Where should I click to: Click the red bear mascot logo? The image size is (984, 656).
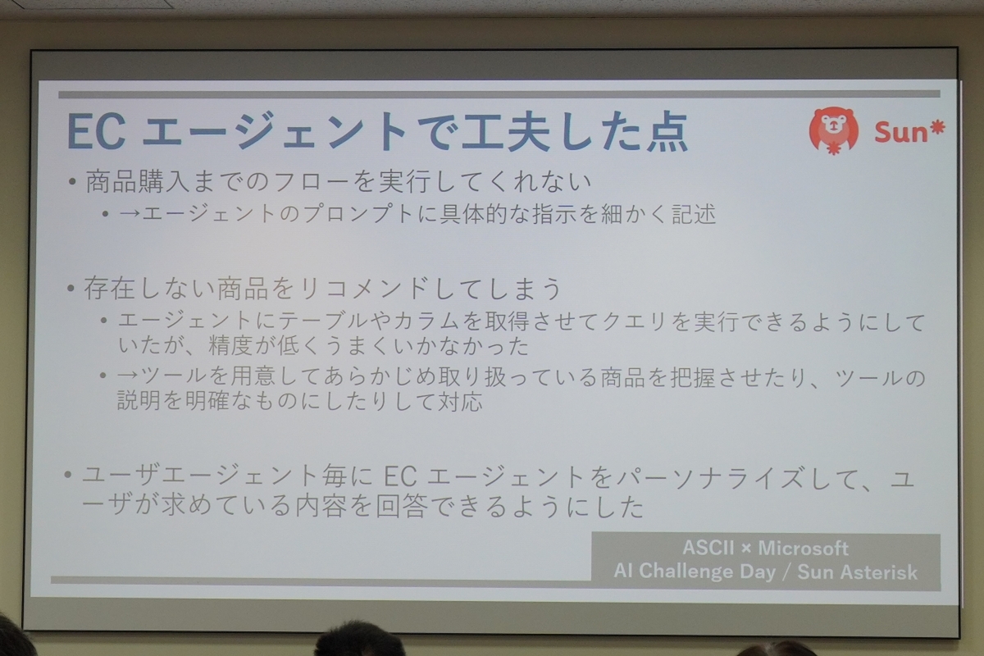[x=833, y=131]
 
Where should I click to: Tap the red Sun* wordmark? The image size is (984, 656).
[x=909, y=132]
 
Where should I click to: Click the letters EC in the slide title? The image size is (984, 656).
[x=97, y=132]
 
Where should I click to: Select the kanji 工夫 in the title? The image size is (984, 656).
[x=512, y=131]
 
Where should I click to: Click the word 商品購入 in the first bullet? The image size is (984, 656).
[x=137, y=181]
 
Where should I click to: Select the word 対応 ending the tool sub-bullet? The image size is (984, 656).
[x=460, y=401]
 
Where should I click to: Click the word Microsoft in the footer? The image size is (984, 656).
[x=804, y=548]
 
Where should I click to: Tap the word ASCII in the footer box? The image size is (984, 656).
[x=708, y=548]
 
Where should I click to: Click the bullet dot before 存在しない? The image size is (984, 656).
[x=71, y=289]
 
